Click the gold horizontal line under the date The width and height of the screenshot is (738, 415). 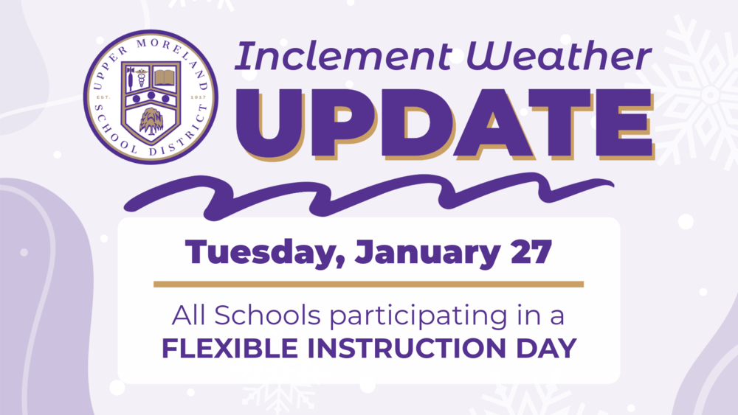[x=368, y=284]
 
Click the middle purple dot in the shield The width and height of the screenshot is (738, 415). [x=151, y=96]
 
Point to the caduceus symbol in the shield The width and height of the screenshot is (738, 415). [x=137, y=77]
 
